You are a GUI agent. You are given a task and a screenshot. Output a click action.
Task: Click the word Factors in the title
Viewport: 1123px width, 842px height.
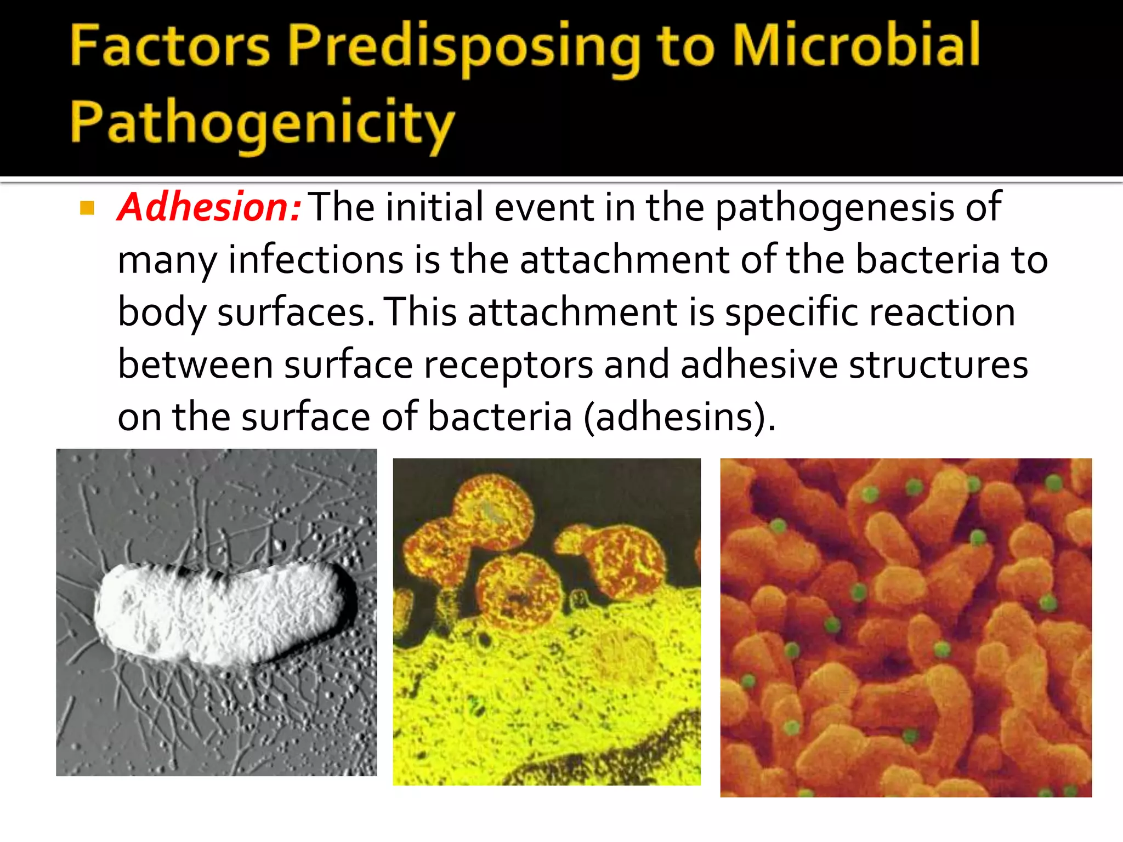click(x=170, y=46)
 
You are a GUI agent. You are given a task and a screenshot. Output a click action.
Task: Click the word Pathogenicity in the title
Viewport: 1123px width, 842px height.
click(x=262, y=124)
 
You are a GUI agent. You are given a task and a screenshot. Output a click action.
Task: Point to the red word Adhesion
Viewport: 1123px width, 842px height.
click(x=208, y=207)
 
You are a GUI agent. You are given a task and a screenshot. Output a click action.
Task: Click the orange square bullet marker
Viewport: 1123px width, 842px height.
click(x=87, y=208)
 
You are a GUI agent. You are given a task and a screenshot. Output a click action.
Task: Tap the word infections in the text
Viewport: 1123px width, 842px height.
click(x=316, y=260)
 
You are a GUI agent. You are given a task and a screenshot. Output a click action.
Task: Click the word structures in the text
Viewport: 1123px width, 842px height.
click(x=938, y=365)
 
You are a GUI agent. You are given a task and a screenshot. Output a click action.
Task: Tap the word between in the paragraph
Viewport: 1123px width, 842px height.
click(x=195, y=365)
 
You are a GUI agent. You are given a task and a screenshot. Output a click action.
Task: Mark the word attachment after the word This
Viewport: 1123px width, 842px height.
click(x=572, y=312)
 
